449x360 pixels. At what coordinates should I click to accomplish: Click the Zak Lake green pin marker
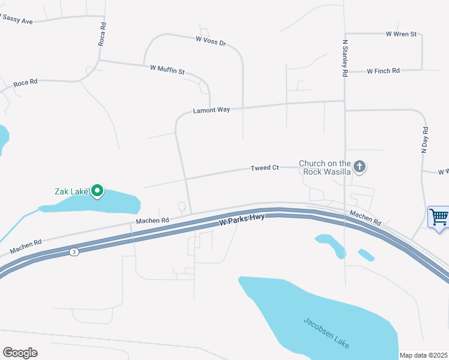pos(97,191)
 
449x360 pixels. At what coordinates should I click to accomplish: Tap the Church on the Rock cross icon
pos(359,166)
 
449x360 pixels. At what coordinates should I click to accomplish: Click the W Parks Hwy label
pos(242,221)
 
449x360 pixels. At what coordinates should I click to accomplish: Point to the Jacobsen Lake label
pos(325,332)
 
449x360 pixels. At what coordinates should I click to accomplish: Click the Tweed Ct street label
pos(265,168)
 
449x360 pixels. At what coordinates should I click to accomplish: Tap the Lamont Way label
pos(211,110)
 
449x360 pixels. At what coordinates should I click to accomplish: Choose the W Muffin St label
pos(167,71)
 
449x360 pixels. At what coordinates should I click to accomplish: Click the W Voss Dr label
pos(211,41)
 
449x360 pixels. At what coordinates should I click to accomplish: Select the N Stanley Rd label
pos(345,59)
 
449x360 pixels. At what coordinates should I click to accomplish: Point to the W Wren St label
pos(401,34)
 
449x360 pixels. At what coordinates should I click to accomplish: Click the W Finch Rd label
pos(383,71)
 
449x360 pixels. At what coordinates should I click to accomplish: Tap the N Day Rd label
pos(424,140)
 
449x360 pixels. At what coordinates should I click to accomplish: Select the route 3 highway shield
pos(74,252)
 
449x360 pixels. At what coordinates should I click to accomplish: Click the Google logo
pos(20,353)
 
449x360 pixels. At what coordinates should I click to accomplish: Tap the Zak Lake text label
pos(71,192)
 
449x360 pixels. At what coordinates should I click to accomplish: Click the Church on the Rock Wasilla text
pos(325,167)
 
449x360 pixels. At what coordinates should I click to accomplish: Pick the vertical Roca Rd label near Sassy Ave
pos(102,35)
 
